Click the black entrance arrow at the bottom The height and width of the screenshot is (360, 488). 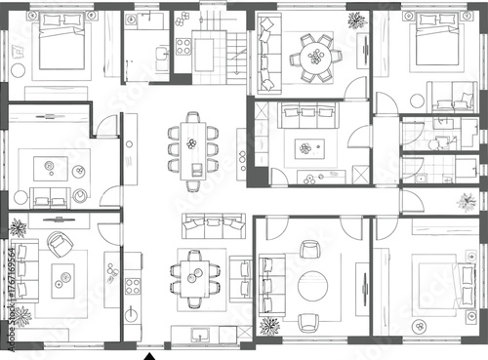point(149,356)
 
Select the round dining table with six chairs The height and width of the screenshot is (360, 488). point(314,55)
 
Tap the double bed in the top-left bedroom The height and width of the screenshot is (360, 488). point(64,54)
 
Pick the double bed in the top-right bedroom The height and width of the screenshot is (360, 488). point(430,49)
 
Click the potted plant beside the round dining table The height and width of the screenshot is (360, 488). point(354,20)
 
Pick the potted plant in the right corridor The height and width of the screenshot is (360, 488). point(464,202)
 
